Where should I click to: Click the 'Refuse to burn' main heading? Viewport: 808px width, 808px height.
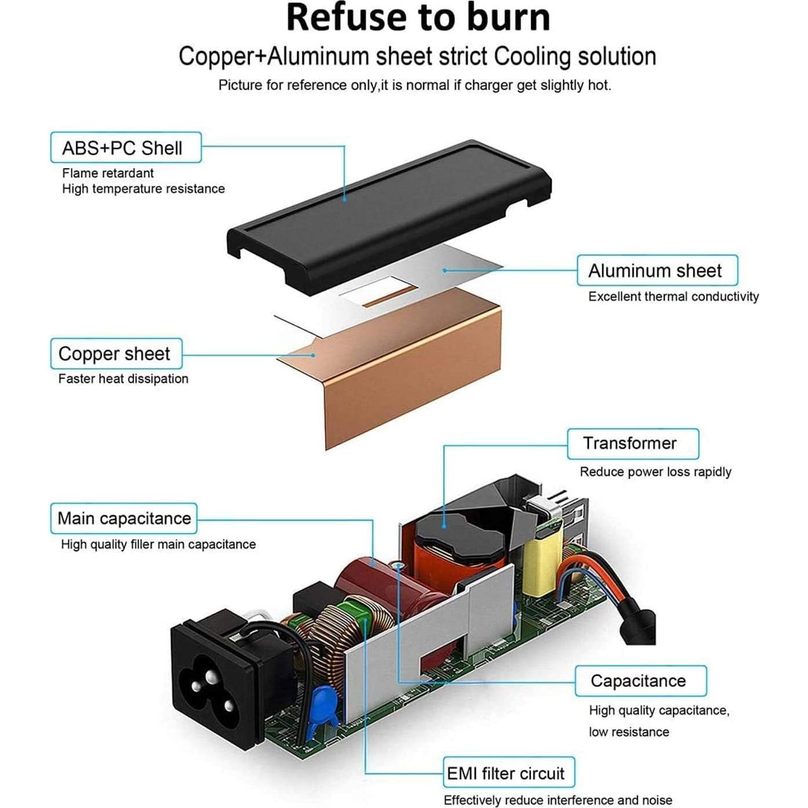coord(417,17)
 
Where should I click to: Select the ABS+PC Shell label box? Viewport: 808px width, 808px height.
coord(126,148)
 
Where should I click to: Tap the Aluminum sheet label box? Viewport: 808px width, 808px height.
coord(657,271)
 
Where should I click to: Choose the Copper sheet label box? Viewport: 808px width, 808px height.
coord(116,354)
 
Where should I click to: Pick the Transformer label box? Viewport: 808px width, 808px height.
coord(632,443)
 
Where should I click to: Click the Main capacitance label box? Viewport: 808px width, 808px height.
coord(124,518)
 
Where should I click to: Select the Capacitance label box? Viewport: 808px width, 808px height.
coord(640,681)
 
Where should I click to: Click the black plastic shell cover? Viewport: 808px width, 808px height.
coord(388,214)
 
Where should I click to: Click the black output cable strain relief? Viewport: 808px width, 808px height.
coord(638,623)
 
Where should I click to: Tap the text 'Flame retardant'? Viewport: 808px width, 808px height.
coord(108,173)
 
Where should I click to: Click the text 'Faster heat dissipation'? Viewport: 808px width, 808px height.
coord(123,378)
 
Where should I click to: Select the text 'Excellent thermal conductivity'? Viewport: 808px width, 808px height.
coord(673,296)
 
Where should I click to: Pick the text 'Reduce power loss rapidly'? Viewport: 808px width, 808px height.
coord(655,471)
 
